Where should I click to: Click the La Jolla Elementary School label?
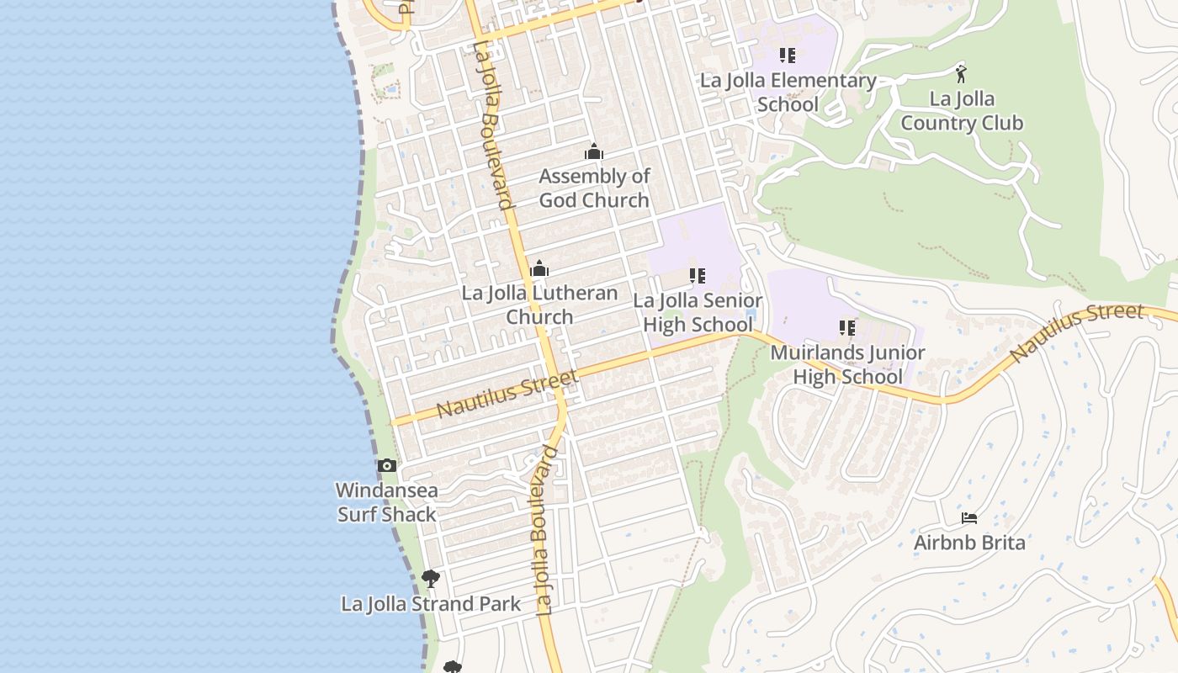788,93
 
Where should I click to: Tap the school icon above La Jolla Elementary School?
788,56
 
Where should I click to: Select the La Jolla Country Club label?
962,111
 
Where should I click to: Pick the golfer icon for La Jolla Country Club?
961,74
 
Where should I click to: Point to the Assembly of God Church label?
594,188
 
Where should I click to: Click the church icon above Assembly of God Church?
594,152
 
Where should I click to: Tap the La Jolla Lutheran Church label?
539,305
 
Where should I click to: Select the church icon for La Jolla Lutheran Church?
539,269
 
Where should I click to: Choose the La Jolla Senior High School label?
698,312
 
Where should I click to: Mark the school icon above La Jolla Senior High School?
697,276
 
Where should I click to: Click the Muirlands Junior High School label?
847,364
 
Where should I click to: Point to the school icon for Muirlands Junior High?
847,328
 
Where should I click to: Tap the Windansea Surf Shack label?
387,502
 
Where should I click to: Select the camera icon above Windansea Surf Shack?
387,466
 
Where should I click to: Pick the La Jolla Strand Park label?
431,604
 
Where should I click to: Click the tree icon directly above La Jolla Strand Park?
431,579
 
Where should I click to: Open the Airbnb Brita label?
969,543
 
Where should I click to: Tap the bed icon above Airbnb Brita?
969,518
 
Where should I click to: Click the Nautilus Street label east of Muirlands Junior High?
1077,333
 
